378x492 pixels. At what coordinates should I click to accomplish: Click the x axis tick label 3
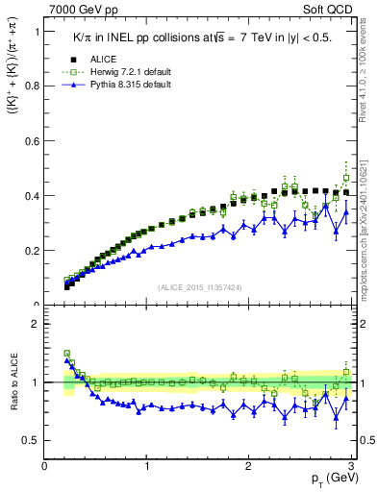pyautogui.click(x=351, y=466)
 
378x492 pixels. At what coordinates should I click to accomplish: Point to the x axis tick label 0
pyautogui.click(x=45, y=466)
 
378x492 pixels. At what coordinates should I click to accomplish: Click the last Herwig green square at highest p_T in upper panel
pyautogui.click(x=346, y=178)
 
